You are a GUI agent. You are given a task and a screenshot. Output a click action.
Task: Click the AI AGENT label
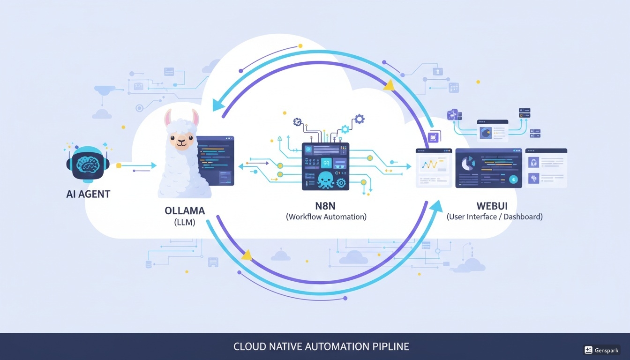pyautogui.click(x=88, y=194)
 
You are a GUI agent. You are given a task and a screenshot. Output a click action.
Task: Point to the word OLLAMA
pyautogui.click(x=185, y=210)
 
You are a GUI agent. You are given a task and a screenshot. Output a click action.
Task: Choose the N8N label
pyautogui.click(x=326, y=206)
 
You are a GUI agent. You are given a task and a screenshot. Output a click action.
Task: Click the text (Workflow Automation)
pyautogui.click(x=326, y=217)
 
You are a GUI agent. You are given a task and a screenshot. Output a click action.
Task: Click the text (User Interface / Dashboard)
pyautogui.click(x=495, y=217)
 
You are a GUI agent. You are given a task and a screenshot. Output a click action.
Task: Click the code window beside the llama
pyautogui.click(x=215, y=160)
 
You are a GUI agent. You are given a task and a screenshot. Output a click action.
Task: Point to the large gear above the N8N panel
pyautogui.click(x=359, y=119)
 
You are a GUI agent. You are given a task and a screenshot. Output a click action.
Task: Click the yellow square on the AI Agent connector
pyautogui.click(x=118, y=165)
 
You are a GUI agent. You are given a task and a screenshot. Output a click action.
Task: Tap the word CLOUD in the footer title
pyautogui.click(x=249, y=347)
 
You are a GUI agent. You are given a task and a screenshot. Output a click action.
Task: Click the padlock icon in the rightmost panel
pyautogui.click(x=533, y=162)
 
